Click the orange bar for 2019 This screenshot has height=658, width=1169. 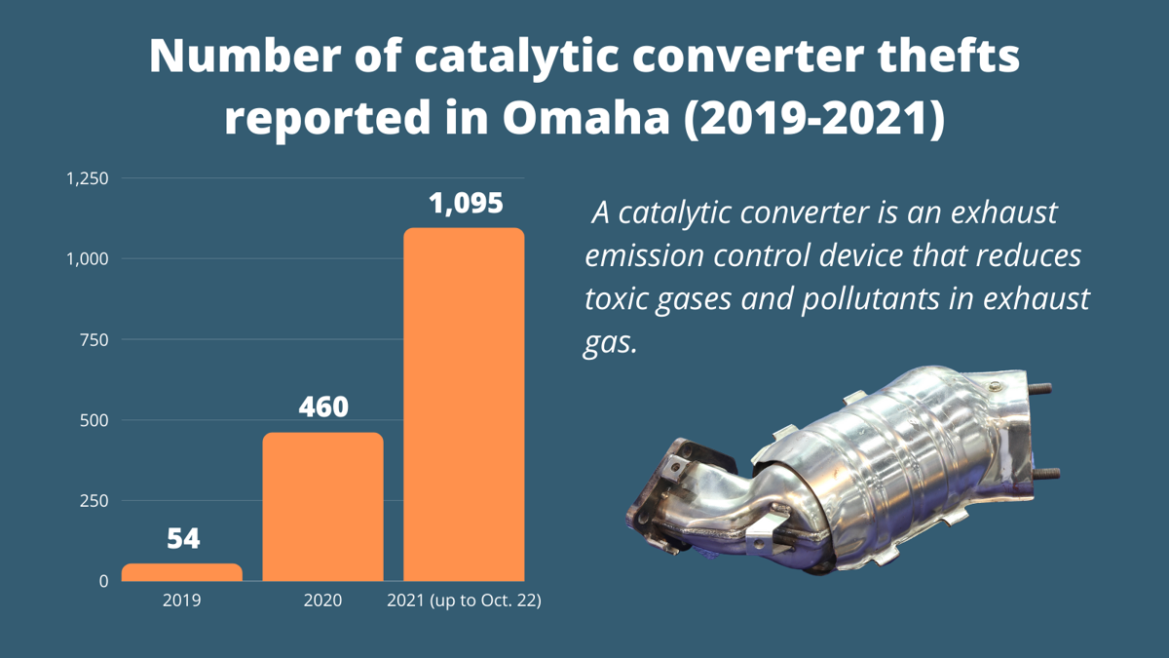coord(182,572)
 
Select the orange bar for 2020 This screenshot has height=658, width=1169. coord(322,507)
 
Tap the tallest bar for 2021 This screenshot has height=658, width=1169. coord(464,405)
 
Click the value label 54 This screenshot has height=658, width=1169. coord(182,538)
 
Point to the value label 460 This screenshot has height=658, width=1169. coord(322,406)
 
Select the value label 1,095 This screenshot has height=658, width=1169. coord(465,203)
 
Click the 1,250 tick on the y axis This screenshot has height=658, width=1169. coord(87,178)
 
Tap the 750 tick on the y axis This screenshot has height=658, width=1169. coord(94,339)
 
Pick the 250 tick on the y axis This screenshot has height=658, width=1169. coord(94,500)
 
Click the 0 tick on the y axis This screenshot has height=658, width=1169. coord(103,581)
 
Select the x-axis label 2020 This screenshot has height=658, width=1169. coord(322,600)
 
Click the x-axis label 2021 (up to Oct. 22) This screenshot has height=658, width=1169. coord(464,600)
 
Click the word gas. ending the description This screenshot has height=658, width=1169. coord(609,342)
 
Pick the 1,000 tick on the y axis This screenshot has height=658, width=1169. coord(87,258)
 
